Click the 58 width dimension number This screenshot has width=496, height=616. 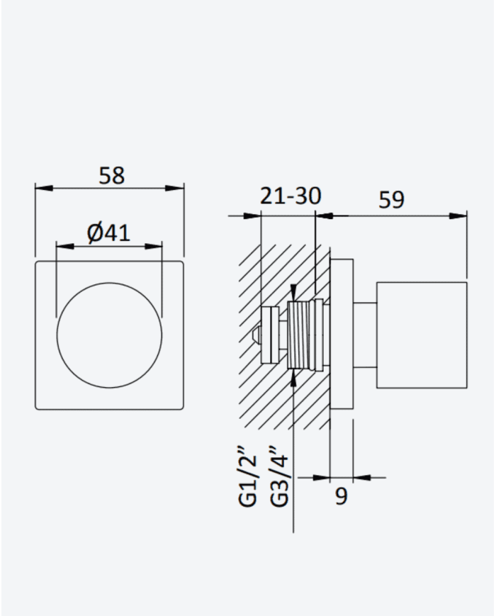coord(111,176)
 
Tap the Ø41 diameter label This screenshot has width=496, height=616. coord(108,233)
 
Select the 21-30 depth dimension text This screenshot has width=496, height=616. coord(291,196)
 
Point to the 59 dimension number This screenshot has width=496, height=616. coord(391,200)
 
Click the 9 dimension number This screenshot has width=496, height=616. coord(342,496)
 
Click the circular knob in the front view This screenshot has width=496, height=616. coord(110,335)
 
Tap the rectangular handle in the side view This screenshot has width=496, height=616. coord(422,335)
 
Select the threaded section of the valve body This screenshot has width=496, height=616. coord(298,335)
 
